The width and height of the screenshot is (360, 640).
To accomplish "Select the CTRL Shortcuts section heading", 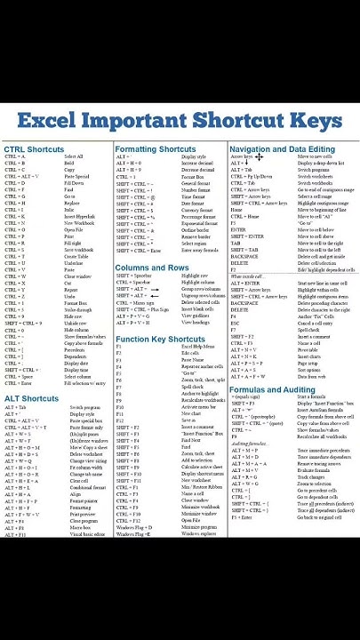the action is (34, 149).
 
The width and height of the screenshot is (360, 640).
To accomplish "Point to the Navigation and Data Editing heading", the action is (282, 149).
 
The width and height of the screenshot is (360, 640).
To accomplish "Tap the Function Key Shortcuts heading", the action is (160, 339).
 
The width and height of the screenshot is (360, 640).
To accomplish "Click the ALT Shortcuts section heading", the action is (31, 399).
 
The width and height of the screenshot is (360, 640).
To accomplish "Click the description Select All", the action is (73, 157).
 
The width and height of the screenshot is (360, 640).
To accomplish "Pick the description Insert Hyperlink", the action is (79, 216).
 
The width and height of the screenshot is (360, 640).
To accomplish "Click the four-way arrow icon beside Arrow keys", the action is (260, 157).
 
